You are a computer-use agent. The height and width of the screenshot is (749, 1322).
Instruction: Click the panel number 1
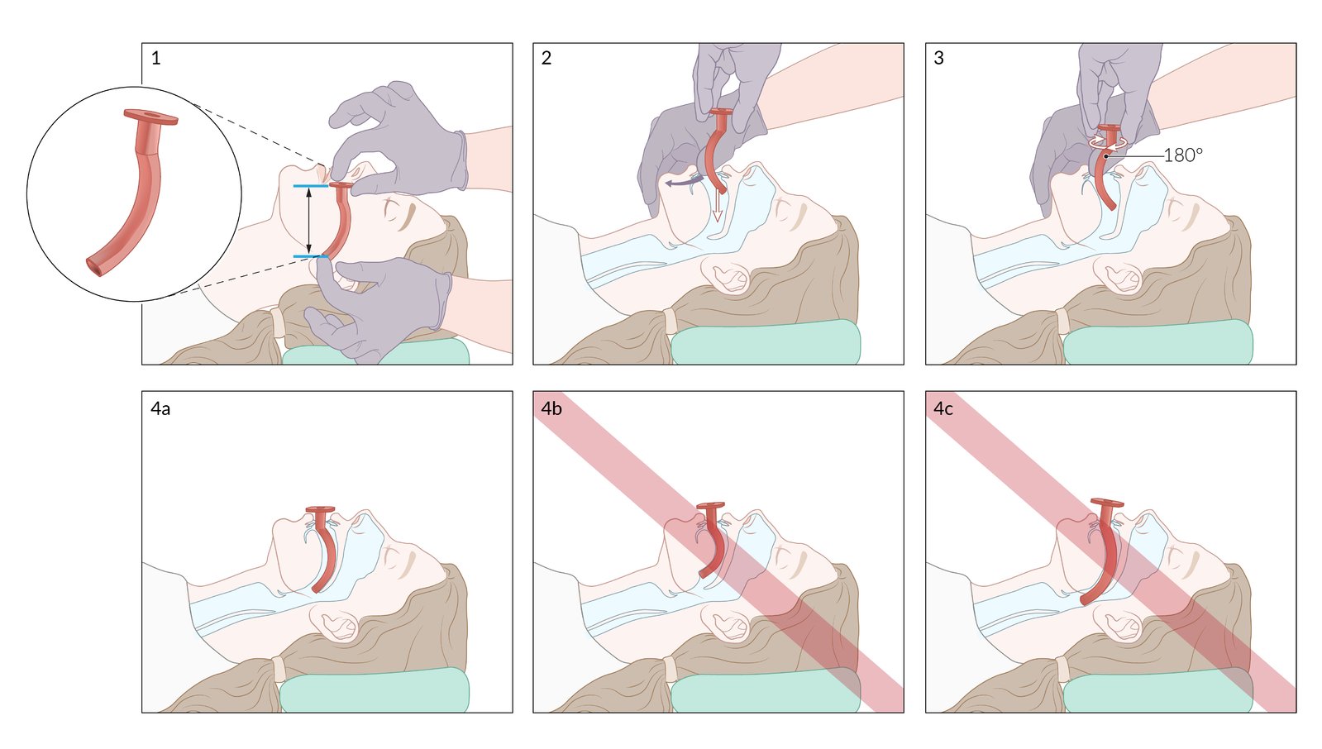click(155, 58)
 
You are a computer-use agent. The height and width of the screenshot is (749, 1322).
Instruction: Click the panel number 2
click(546, 58)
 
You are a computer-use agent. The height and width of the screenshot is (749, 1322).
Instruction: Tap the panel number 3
click(939, 58)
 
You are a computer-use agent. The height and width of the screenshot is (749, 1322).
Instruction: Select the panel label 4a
click(160, 408)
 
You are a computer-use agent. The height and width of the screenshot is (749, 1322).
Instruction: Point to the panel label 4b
click(551, 408)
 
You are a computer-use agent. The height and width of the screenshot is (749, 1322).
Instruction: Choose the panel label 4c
click(943, 408)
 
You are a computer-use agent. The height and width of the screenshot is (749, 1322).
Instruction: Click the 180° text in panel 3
click(1183, 155)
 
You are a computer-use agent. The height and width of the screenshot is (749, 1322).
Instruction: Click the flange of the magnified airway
click(150, 117)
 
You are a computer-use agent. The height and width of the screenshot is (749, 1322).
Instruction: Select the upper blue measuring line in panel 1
click(311, 186)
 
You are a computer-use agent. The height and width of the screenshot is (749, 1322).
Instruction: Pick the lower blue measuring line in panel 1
click(311, 257)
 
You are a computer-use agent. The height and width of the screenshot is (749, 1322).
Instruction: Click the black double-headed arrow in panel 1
click(308, 221)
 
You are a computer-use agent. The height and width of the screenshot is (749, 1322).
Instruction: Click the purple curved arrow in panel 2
click(685, 183)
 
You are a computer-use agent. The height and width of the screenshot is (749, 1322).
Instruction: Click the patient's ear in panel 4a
click(335, 623)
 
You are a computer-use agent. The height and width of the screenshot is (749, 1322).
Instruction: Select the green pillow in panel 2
click(766, 341)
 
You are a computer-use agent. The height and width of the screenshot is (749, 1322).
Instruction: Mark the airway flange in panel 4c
click(1107, 503)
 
